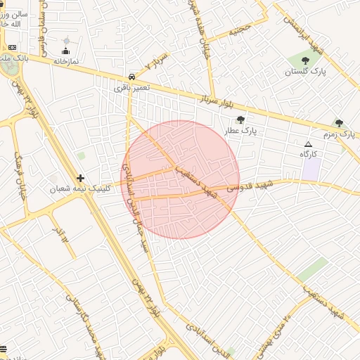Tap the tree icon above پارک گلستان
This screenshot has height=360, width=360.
click(x=304, y=61)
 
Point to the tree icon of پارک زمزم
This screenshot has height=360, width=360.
click(x=339, y=123)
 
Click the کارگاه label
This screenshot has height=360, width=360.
click(x=309, y=153)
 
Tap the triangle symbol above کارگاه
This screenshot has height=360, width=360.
click(x=307, y=143)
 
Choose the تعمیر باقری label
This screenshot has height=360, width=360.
click(x=132, y=89)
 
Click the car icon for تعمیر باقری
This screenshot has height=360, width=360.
click(x=131, y=77)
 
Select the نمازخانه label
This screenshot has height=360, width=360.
click(x=67, y=61)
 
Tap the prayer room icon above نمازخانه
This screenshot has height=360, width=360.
click(x=66, y=51)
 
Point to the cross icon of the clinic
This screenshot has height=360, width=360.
click(x=81, y=178)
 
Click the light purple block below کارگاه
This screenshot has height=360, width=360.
click(x=311, y=169)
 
